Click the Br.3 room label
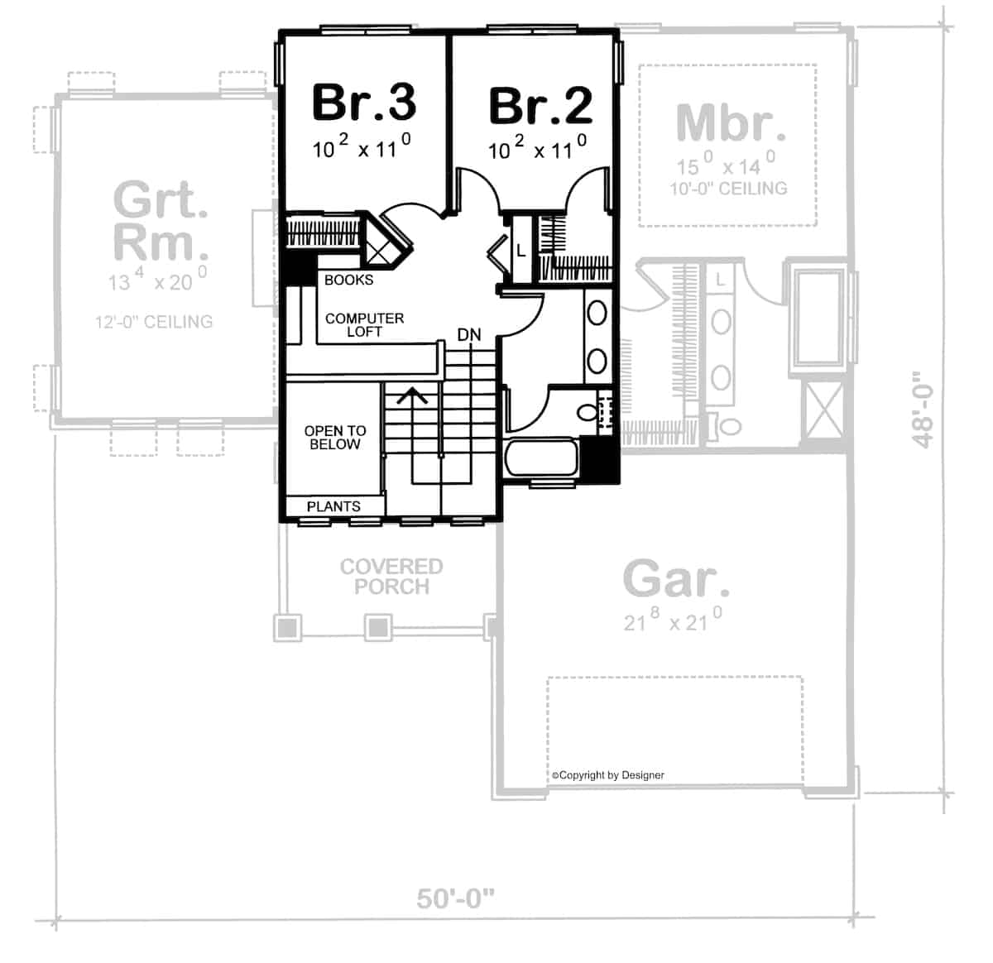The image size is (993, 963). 364,103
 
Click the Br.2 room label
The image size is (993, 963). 541,105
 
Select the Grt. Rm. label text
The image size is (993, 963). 161,220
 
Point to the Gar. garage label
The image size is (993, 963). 675,578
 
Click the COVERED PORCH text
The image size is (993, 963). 391,577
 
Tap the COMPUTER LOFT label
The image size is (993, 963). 364,325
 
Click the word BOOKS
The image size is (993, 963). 349,280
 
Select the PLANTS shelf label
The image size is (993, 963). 333,506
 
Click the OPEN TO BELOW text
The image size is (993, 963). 335,438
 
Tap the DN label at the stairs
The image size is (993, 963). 469,334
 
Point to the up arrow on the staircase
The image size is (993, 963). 412,395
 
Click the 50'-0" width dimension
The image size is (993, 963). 456,898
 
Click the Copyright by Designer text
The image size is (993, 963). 608,775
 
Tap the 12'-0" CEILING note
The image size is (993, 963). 154,322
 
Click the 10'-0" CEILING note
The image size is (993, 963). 728,189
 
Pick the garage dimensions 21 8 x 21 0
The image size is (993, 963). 673,619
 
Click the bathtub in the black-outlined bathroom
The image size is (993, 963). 541,458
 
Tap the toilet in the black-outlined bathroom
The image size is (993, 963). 595,412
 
